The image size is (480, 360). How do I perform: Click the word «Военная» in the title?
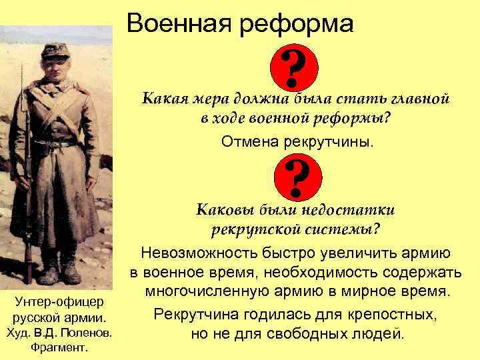coord(175,25)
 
